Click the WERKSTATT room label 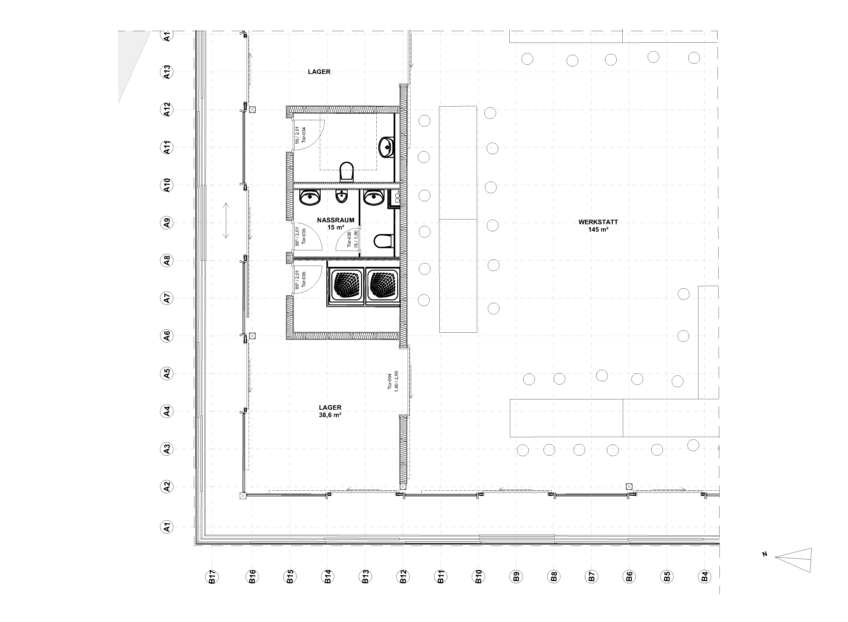598,222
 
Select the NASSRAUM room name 336,220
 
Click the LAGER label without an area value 319,72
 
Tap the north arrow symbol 793,560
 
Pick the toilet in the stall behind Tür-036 384,241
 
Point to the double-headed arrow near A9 226,221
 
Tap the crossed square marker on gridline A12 252,110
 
